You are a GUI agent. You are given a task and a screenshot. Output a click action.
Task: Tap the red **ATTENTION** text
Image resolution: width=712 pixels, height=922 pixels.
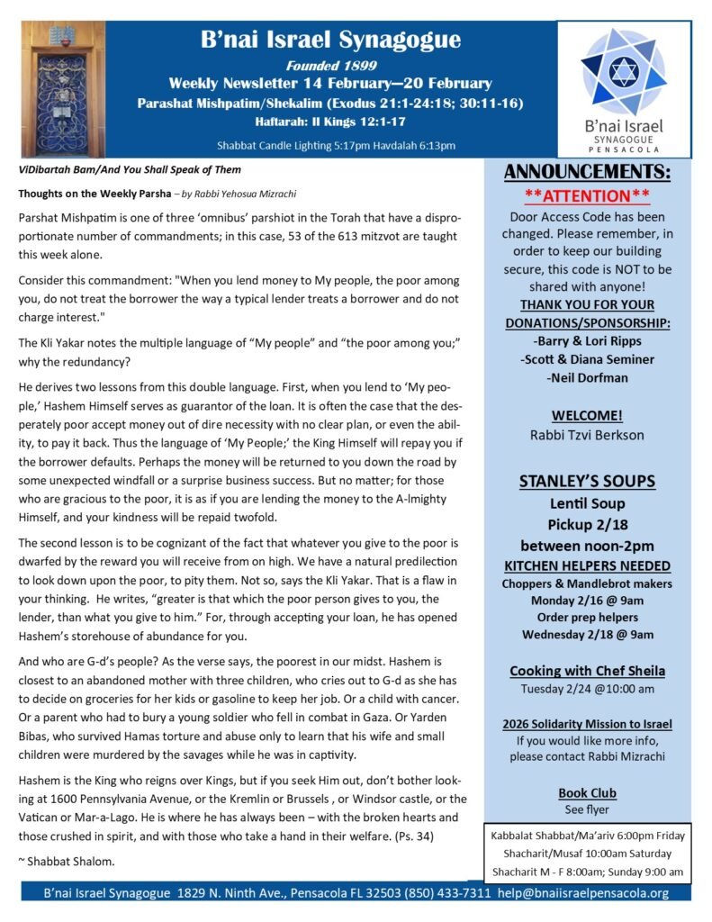coord(587,195)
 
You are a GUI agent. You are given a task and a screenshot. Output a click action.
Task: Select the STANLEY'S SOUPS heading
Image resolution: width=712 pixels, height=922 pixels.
coord(587,481)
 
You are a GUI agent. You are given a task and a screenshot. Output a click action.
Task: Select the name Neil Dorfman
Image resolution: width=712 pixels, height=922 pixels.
coord(587,378)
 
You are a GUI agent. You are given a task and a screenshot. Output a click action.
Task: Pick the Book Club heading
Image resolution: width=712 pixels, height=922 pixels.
coord(587,793)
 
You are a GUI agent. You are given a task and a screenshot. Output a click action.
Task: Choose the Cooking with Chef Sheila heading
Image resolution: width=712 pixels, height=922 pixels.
coord(587,671)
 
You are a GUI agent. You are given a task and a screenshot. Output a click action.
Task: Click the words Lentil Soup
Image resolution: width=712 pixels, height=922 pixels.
coord(587,503)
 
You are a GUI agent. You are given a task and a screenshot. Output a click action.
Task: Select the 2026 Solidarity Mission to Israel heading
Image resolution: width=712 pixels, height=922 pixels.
coord(587,724)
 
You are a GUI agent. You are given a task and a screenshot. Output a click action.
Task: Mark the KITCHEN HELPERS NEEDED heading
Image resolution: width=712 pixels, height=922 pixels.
coord(587,565)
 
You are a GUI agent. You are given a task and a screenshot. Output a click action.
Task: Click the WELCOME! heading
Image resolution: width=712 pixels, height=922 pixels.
coord(587,416)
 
